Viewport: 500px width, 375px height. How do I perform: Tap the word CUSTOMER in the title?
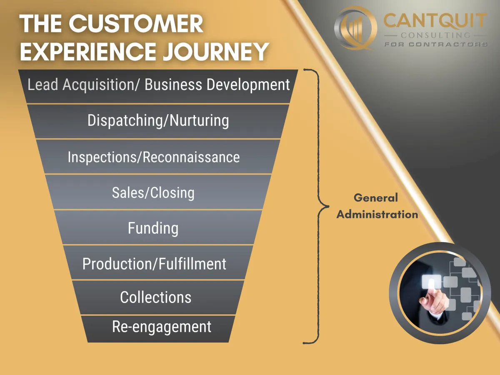(x=135, y=23)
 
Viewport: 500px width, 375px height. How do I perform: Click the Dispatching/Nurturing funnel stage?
(x=158, y=121)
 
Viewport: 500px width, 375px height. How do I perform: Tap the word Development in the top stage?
(x=248, y=85)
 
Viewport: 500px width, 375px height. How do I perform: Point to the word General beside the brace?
(x=376, y=198)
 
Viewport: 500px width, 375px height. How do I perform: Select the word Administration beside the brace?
(x=377, y=215)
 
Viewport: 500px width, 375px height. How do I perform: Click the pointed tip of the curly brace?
(x=328, y=207)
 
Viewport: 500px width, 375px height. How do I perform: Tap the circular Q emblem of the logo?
(x=355, y=28)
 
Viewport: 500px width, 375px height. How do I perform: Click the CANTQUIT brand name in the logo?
(x=435, y=21)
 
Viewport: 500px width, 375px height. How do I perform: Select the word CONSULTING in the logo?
(x=435, y=35)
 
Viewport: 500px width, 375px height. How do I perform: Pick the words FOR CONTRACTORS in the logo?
(x=435, y=44)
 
